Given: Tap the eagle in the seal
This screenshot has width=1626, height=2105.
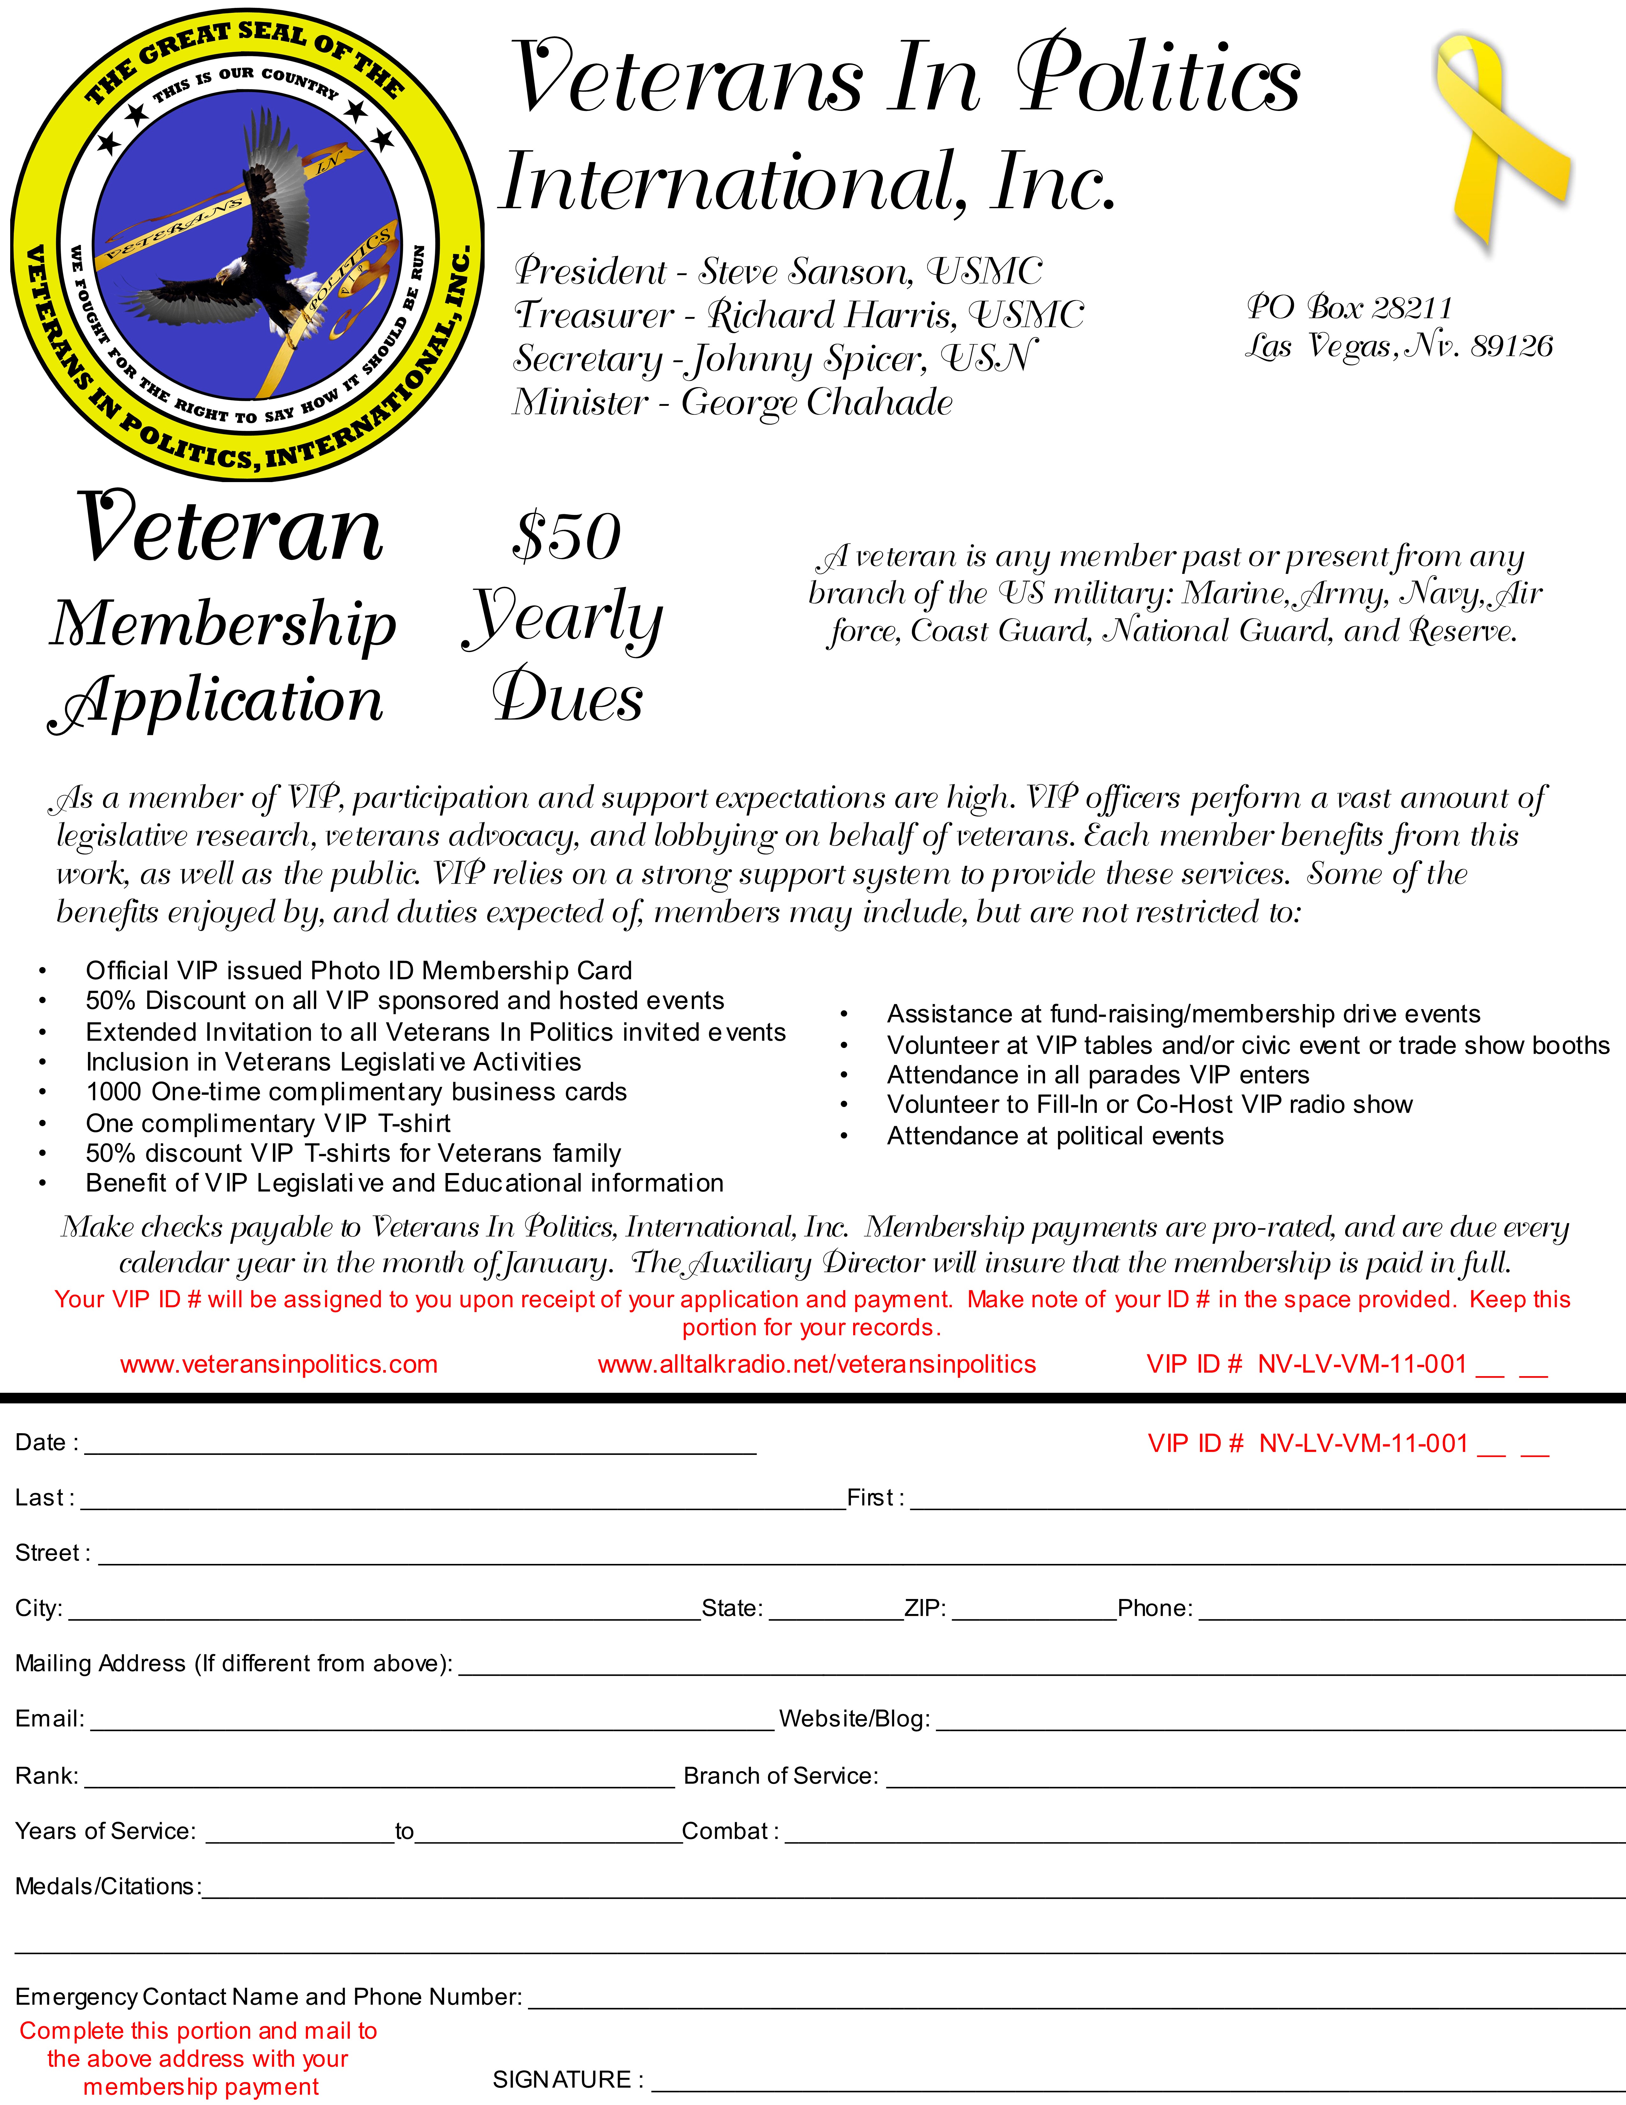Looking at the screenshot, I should [x=251, y=241].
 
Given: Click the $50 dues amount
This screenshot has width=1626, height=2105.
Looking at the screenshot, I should [x=567, y=537].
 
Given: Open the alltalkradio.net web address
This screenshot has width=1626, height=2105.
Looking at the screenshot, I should [x=817, y=1364].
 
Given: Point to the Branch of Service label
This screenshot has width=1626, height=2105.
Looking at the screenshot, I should [x=781, y=1775].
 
